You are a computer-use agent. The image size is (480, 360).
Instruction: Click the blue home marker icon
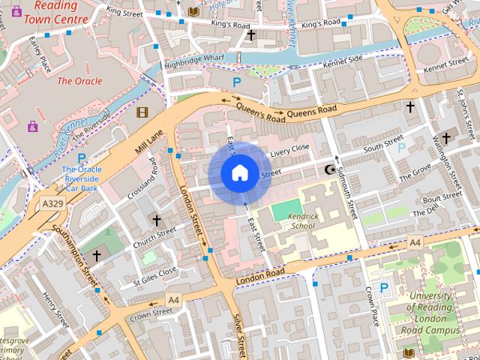(239, 173)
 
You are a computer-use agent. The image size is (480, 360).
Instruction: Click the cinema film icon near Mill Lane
(142, 112)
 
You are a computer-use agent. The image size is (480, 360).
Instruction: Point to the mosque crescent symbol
(328, 170)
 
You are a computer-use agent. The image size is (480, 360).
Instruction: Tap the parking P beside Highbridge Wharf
(237, 82)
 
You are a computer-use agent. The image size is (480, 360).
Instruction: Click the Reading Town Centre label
(50, 13)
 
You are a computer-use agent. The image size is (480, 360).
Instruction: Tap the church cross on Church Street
(157, 220)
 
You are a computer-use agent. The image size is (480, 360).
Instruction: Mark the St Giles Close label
(154, 275)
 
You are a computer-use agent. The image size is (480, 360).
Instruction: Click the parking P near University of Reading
(385, 287)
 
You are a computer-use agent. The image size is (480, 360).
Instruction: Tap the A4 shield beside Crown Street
(174, 299)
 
